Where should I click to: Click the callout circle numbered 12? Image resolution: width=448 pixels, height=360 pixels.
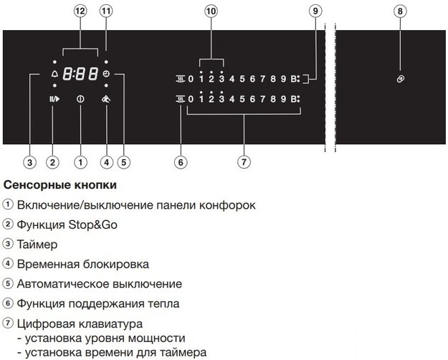pos(80,11)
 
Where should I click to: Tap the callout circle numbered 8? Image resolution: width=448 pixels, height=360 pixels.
pos(400,11)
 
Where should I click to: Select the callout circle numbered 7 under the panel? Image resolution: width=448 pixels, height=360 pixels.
pos(244,162)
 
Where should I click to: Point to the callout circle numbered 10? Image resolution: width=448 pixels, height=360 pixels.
pos(211,11)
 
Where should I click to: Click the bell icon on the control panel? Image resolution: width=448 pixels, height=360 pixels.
pos(54,74)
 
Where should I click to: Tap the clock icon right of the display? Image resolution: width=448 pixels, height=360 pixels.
pos(106,74)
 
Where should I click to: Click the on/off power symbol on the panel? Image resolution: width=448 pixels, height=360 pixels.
pos(80,99)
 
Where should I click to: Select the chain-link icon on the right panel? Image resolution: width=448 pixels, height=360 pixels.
pos(400,79)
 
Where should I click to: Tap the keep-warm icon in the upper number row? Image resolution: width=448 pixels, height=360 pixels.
pos(181,79)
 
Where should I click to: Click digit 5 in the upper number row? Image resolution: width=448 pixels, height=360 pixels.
pos(242,79)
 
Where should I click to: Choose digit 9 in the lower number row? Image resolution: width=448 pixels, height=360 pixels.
pos(283,99)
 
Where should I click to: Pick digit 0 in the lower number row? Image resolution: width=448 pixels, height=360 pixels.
pos(191,99)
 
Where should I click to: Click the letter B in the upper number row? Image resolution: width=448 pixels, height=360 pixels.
pos(294,79)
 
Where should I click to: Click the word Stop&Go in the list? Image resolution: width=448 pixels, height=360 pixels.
pos(92,224)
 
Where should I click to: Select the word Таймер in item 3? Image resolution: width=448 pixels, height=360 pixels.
pos(37,245)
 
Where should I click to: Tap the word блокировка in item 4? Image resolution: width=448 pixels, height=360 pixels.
pos(115,264)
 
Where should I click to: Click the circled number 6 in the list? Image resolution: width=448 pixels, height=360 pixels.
pos(8,303)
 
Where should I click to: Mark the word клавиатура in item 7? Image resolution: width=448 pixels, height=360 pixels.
pos(110,324)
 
